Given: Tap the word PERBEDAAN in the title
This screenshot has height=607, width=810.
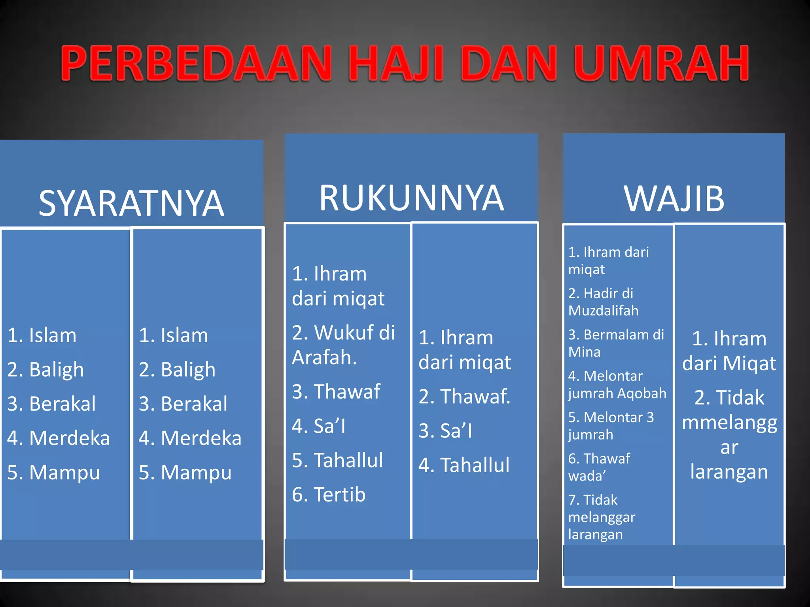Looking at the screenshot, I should (x=196, y=63).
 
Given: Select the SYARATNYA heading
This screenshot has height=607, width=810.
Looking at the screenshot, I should (x=131, y=203).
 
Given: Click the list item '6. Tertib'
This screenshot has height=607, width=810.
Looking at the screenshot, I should (x=329, y=494).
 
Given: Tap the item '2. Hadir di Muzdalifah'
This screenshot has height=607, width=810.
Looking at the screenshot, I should (x=603, y=302).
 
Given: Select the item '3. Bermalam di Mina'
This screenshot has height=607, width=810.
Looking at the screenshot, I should (x=616, y=343).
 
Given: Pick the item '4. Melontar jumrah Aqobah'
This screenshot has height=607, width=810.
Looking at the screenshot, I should (x=617, y=385).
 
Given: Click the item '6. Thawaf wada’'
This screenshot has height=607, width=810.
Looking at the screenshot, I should (x=599, y=467).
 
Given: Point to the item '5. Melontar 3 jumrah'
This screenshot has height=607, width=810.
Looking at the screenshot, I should (x=611, y=426).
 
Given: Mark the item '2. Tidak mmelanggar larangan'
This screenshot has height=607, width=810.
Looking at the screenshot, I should (x=729, y=434).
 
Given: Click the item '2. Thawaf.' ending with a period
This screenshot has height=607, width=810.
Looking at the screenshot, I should (x=464, y=396).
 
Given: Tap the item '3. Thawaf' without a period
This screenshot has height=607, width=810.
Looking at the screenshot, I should (x=336, y=392).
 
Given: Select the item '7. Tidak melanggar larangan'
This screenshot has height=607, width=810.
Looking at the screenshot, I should (x=602, y=517).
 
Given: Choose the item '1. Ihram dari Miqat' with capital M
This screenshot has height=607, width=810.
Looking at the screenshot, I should (x=729, y=351).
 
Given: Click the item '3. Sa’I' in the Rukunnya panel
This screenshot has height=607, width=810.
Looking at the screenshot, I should (x=445, y=431).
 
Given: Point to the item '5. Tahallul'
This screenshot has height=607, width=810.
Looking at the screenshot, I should (x=337, y=460).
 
